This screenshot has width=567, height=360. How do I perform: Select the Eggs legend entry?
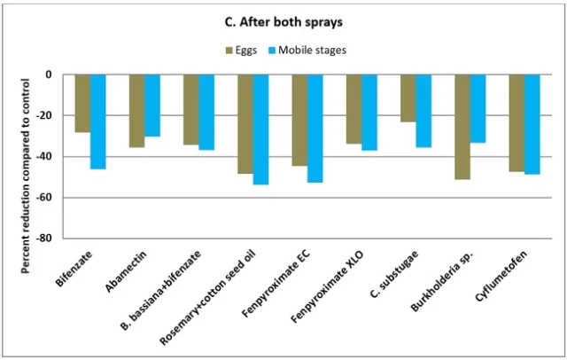(x=242, y=50)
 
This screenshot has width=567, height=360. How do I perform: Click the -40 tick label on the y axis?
(x=43, y=157)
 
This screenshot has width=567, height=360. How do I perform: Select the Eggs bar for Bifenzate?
(x=82, y=104)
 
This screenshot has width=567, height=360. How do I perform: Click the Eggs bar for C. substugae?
(x=408, y=98)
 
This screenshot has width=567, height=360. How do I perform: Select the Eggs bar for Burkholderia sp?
(x=462, y=127)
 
